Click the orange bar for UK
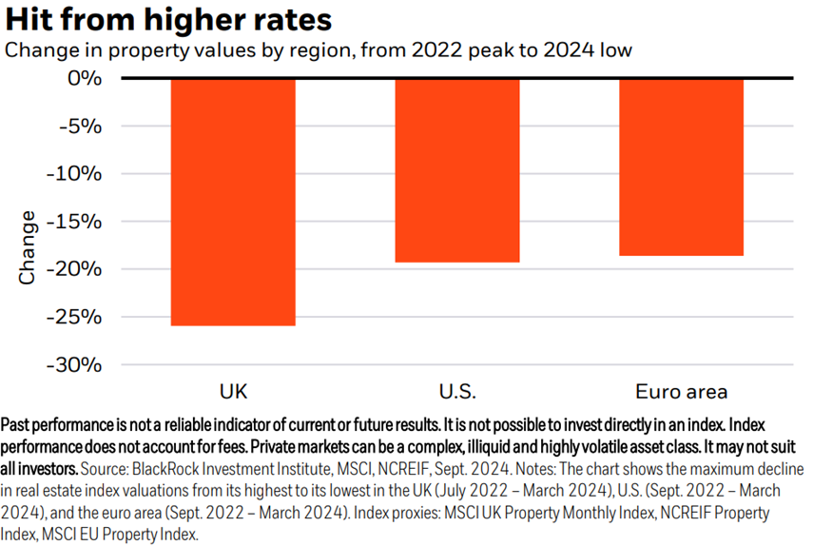tap(233, 202)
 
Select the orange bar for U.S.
tap(457, 170)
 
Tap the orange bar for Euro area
tap(681, 167)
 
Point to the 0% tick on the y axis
tap(83, 78)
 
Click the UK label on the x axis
tap(233, 391)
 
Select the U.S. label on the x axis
tap(457, 391)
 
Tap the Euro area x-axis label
tap(681, 391)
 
